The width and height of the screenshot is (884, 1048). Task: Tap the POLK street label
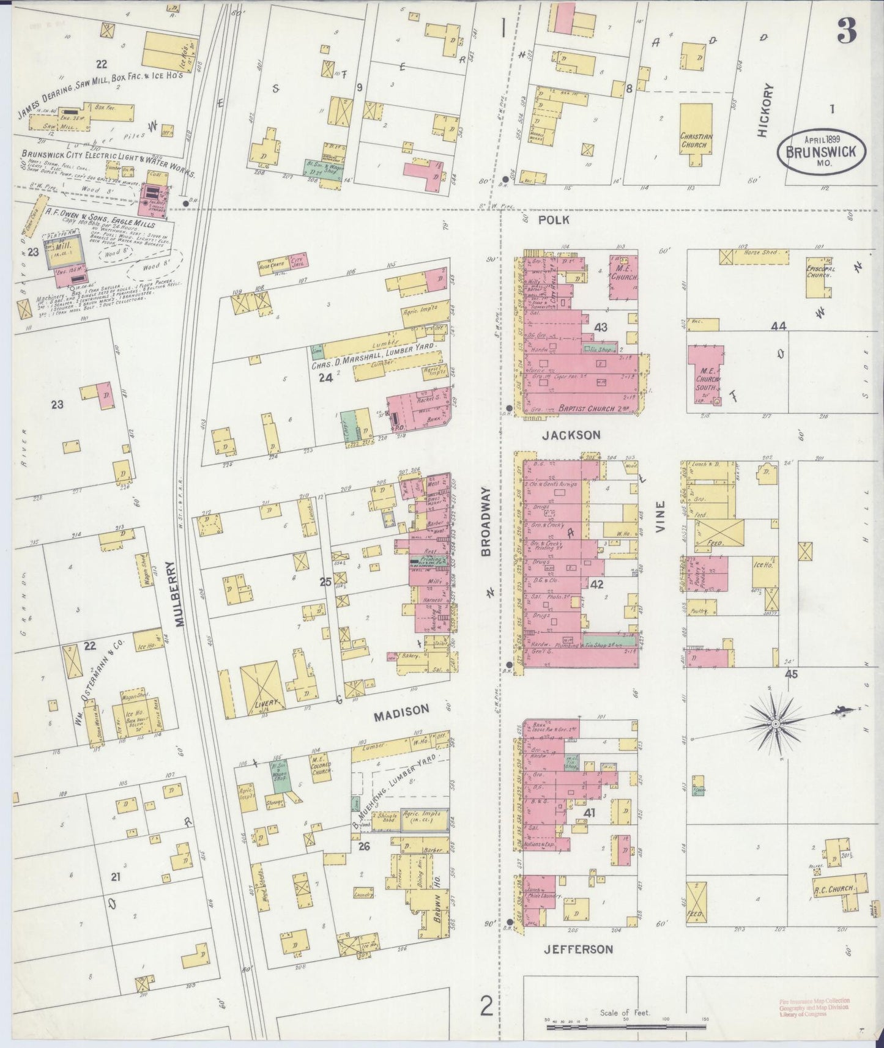[554, 220]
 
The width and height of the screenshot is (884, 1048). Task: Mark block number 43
[601, 328]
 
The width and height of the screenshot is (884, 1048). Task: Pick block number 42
[597, 585]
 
